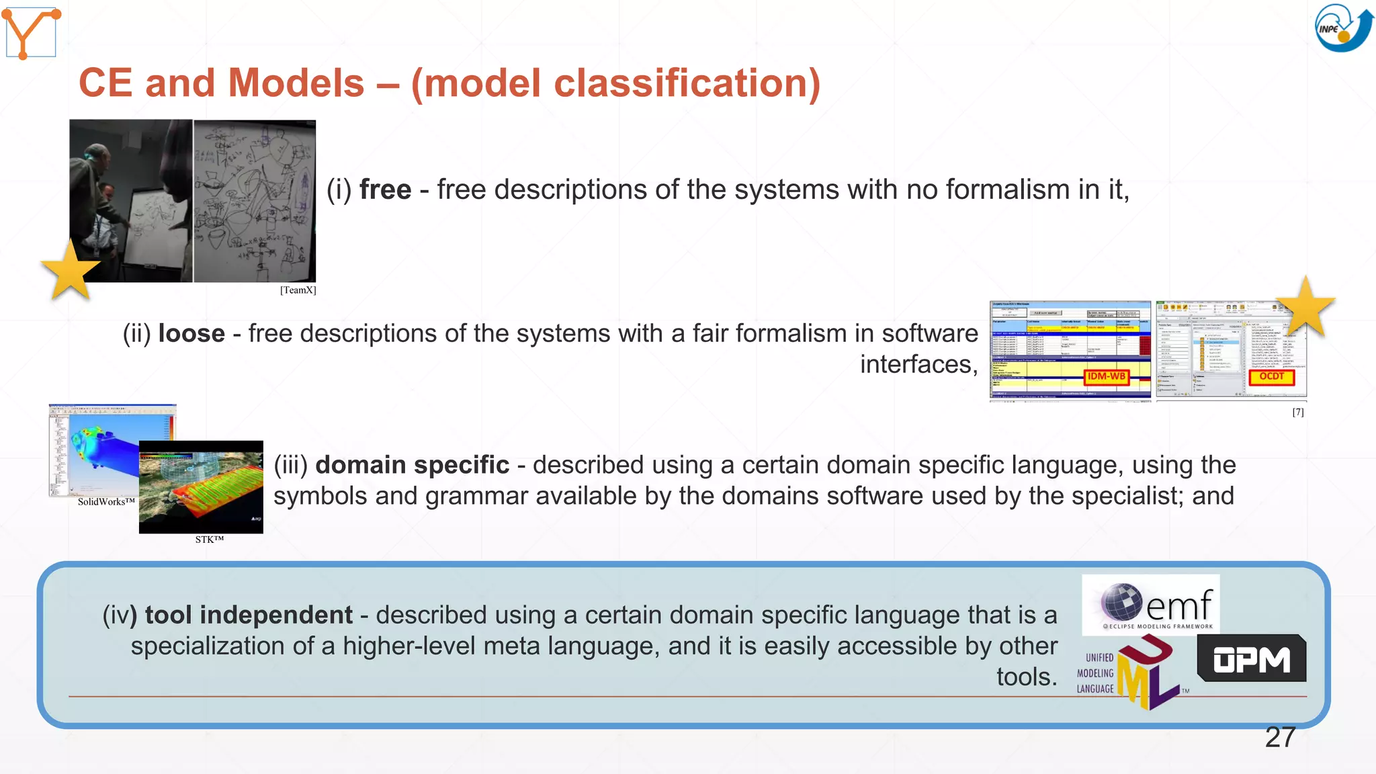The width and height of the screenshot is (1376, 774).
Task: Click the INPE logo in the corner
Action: pyautogui.click(x=1343, y=28)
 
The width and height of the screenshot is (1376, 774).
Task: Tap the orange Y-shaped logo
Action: pyautogui.click(x=30, y=32)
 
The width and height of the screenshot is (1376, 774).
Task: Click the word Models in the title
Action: pyautogui.click(x=296, y=83)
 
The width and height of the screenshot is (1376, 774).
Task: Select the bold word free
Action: pyautogui.click(x=385, y=190)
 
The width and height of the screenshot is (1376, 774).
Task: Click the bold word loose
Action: pyautogui.click(x=191, y=334)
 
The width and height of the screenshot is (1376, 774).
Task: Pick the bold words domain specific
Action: pyautogui.click(x=412, y=465)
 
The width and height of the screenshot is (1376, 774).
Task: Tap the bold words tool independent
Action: pyautogui.click(x=249, y=615)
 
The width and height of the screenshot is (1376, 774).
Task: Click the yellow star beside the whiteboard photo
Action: pyautogui.click(x=70, y=270)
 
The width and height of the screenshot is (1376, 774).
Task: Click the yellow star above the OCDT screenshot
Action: pyautogui.click(x=1305, y=307)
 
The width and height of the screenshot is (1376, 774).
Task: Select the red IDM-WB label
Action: pyautogui.click(x=1106, y=377)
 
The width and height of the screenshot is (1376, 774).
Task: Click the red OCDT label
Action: pyautogui.click(x=1271, y=377)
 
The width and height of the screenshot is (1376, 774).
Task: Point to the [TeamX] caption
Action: pyautogui.click(x=298, y=290)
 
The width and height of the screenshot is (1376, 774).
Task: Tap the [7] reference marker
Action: pyautogui.click(x=1297, y=413)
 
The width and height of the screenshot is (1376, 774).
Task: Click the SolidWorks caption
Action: pyautogui.click(x=106, y=502)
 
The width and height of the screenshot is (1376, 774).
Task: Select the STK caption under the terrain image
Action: pyautogui.click(x=209, y=540)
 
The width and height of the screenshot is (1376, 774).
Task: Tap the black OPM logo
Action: pyautogui.click(x=1251, y=659)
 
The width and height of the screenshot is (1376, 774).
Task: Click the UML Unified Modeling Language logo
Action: pyautogui.click(x=1129, y=673)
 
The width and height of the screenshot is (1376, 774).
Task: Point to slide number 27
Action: pyautogui.click(x=1279, y=738)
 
